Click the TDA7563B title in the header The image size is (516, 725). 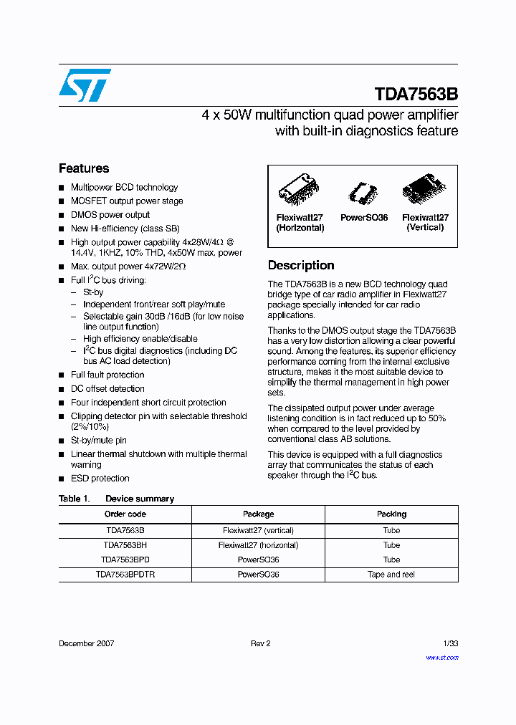[x=416, y=95]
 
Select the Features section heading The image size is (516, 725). [x=84, y=168]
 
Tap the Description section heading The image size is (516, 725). [x=301, y=265]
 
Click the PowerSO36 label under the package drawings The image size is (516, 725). [x=364, y=218]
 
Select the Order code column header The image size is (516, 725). [x=125, y=514]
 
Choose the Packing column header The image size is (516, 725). [x=391, y=514]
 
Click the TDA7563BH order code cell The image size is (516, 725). [x=125, y=545]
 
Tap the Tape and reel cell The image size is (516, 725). [x=391, y=575]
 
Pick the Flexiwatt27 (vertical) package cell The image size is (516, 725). [x=258, y=531]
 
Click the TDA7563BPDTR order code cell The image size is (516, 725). [x=125, y=575]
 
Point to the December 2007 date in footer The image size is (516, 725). [x=86, y=643]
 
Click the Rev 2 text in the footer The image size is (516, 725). [x=260, y=643]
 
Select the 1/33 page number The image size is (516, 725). [x=450, y=643]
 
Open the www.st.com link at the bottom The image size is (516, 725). [x=442, y=658]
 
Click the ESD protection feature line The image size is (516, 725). [x=100, y=479]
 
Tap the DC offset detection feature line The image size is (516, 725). [x=107, y=389]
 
